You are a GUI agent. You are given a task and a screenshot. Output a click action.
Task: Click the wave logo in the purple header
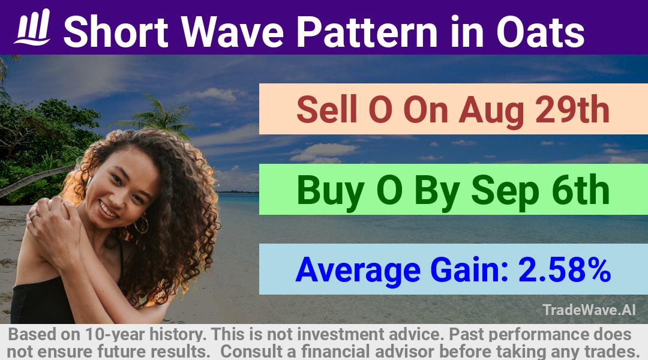tap(33, 27)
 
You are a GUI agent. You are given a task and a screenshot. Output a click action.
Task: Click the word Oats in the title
tap(540, 32)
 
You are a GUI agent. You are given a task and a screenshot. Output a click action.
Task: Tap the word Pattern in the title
tap(367, 32)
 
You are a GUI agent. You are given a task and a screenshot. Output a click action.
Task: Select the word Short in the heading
tap(116, 32)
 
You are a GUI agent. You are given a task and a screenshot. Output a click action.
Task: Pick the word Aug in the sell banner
tap(492, 112)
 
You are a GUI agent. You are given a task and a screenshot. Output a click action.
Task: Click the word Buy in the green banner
tap(330, 191)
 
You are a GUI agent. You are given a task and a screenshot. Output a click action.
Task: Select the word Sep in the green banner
tap(505, 191)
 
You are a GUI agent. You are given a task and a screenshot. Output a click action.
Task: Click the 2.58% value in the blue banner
tap(565, 270)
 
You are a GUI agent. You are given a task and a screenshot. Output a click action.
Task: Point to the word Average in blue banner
tap(358, 271)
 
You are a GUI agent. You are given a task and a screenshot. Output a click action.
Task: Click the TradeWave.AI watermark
tap(589, 310)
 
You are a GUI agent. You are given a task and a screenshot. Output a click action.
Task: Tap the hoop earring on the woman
tap(142, 224)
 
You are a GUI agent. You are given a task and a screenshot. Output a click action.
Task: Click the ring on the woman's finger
tap(33, 216)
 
